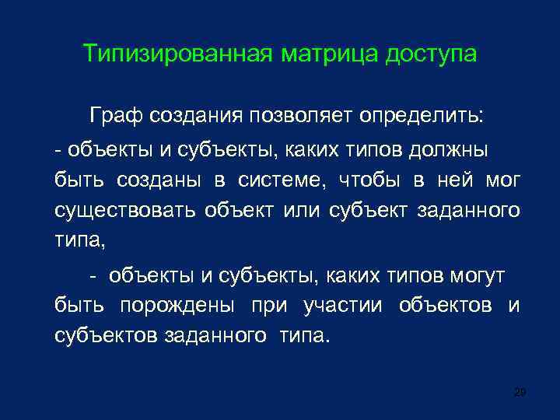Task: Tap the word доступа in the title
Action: (x=430, y=55)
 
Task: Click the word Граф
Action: (x=114, y=117)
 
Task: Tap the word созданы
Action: (x=161, y=180)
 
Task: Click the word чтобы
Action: (x=371, y=180)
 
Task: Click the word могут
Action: (x=477, y=275)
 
